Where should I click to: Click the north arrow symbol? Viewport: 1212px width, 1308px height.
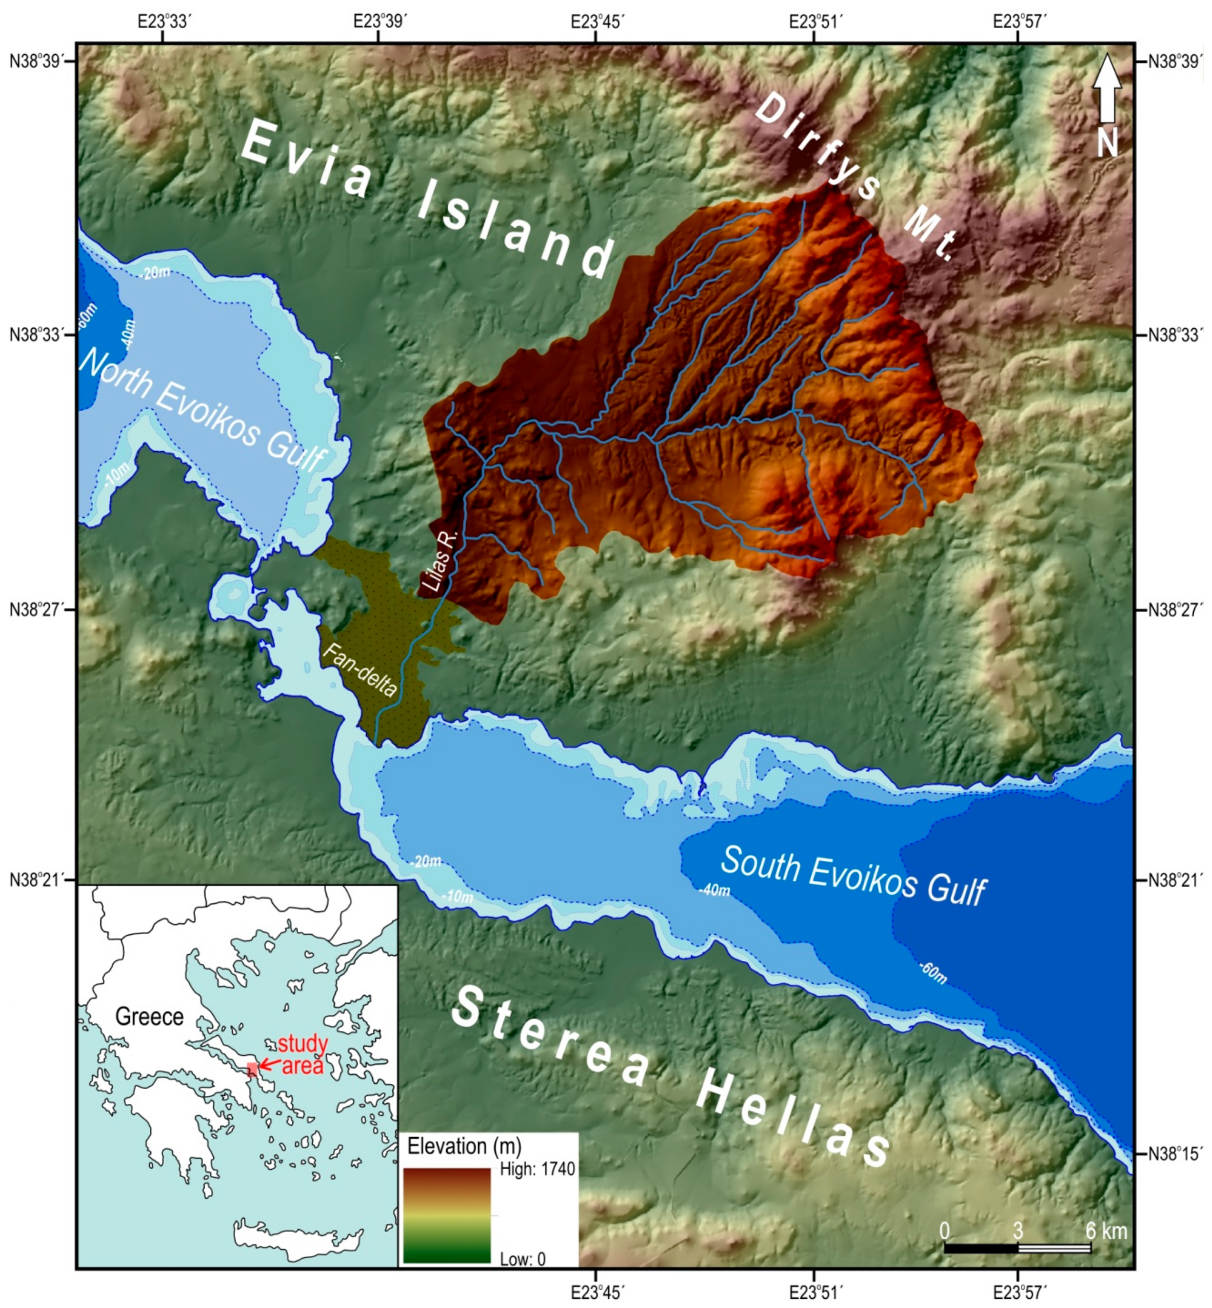point(1107,89)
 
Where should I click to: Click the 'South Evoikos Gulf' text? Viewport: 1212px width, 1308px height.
point(853,875)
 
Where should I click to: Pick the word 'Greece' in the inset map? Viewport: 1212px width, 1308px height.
point(149,1016)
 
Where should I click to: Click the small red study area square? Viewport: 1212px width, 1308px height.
point(252,1068)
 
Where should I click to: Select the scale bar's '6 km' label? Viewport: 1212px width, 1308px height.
point(1106,1231)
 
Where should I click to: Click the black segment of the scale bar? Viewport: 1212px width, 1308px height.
point(980,1249)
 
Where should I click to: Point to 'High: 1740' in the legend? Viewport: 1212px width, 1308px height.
point(537,1169)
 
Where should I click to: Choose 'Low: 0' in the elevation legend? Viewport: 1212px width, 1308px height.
point(523,1259)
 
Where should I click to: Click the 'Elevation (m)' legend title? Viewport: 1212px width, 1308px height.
point(464,1146)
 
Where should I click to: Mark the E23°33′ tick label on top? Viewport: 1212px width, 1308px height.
point(164,22)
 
